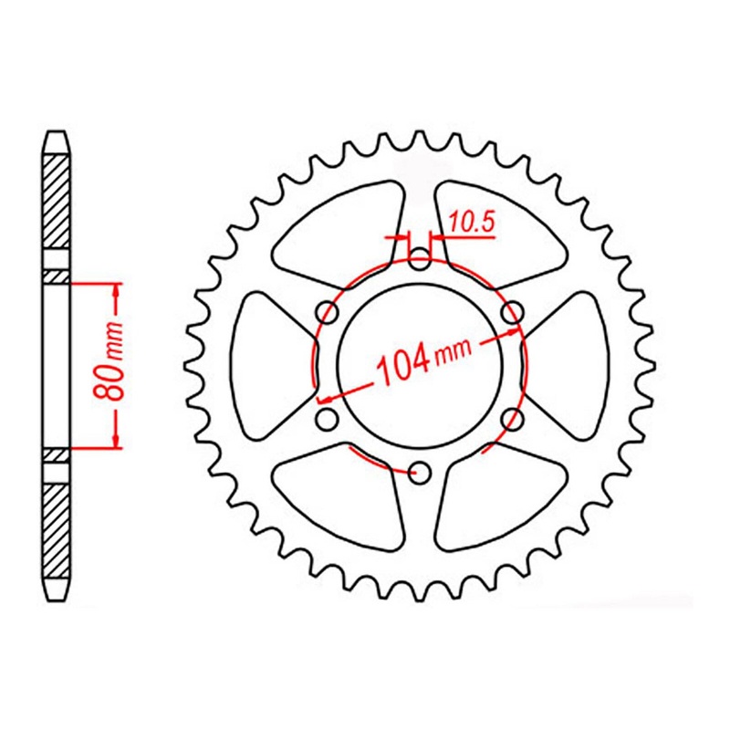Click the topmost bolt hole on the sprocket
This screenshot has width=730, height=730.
[420, 258]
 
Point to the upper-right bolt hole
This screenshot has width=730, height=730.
[513, 312]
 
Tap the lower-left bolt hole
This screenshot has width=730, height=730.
[326, 419]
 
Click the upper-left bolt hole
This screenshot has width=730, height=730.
[327, 312]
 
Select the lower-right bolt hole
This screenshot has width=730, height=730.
[513, 418]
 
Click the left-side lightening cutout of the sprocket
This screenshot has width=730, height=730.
[266, 365]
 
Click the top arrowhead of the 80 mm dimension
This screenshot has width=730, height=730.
[116, 290]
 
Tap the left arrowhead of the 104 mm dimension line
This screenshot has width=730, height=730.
[324, 398]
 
